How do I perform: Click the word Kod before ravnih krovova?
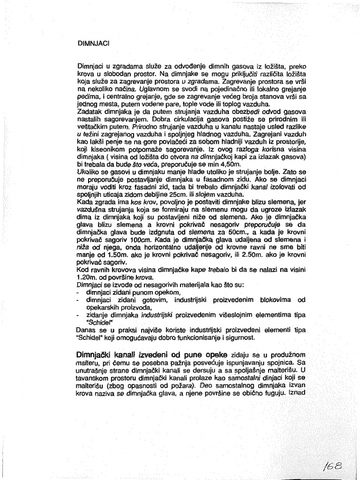tap(82, 269)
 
